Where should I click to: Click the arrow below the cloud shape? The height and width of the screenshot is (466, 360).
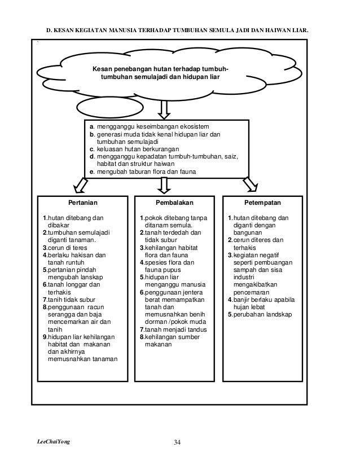164,109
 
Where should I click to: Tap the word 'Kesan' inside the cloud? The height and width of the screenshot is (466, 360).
103,69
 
